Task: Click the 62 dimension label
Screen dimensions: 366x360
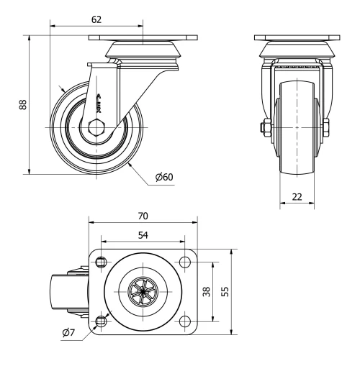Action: coord(96,19)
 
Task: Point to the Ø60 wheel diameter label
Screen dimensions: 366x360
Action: coord(164,178)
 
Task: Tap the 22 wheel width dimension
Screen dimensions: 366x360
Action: coord(296,197)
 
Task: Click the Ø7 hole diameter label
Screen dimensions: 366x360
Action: coord(68,332)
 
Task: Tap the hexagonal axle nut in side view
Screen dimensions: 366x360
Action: coord(95,129)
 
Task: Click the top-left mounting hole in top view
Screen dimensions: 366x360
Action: coord(100,261)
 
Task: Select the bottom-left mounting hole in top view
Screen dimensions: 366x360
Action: coord(100,321)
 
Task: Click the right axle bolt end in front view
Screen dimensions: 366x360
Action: coord(328,129)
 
